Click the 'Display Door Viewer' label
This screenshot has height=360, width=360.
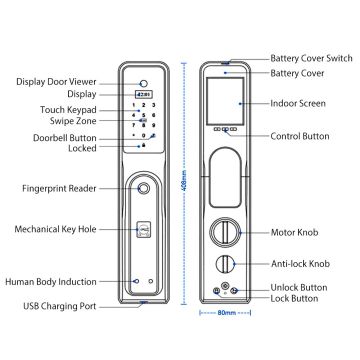point(56,82)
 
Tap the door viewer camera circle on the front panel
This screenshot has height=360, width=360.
point(143,84)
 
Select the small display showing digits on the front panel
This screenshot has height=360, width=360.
point(143,95)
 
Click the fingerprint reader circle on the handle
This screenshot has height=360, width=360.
point(143,188)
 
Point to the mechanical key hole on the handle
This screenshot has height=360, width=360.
point(144,229)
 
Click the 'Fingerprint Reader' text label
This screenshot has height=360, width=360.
point(59,188)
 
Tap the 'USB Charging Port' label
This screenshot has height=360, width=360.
point(60,306)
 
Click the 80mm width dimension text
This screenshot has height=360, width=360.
point(226,313)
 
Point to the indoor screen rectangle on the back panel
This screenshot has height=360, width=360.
point(224,101)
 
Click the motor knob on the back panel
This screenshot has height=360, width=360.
point(224,232)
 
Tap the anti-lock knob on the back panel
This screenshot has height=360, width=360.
point(224,264)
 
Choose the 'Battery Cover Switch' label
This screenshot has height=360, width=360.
point(311,58)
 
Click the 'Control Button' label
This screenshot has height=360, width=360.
point(300,136)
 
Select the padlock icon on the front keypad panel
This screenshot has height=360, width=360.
point(144,146)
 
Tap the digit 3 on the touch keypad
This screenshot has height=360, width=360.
point(153,105)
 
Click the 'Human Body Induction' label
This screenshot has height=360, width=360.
point(51,282)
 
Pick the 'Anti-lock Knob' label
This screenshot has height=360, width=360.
point(300,264)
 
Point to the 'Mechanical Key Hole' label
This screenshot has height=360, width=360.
point(55,229)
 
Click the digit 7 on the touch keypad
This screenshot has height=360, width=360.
point(134,126)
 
